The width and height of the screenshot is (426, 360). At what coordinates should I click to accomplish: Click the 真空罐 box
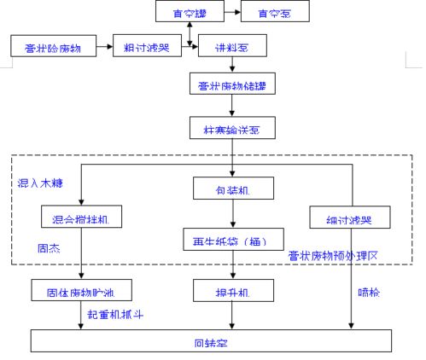coord(189,12)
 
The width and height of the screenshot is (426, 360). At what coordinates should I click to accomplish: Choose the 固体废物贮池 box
coord(81,291)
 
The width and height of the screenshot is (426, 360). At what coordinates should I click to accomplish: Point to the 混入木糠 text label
coord(40,183)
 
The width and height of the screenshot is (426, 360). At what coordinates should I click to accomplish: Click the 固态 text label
coord(49,250)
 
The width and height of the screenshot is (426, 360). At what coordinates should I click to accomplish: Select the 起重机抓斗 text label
coord(116,315)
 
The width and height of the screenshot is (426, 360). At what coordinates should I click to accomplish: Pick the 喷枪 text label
coord(368,292)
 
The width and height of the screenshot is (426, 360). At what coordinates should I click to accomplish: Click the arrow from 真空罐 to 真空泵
coord(231,12)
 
